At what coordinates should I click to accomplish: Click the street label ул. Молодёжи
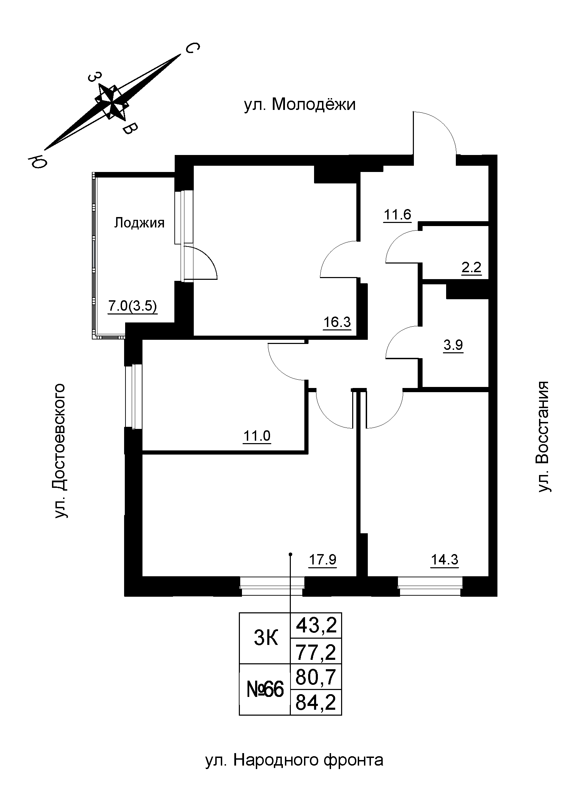(299, 105)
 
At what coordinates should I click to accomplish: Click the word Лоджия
(139, 223)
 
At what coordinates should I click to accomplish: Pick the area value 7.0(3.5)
(132, 306)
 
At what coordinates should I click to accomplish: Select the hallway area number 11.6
(398, 214)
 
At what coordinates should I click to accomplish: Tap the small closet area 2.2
(471, 267)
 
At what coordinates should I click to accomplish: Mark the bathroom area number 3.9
(453, 345)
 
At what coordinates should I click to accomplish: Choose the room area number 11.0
(257, 436)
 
